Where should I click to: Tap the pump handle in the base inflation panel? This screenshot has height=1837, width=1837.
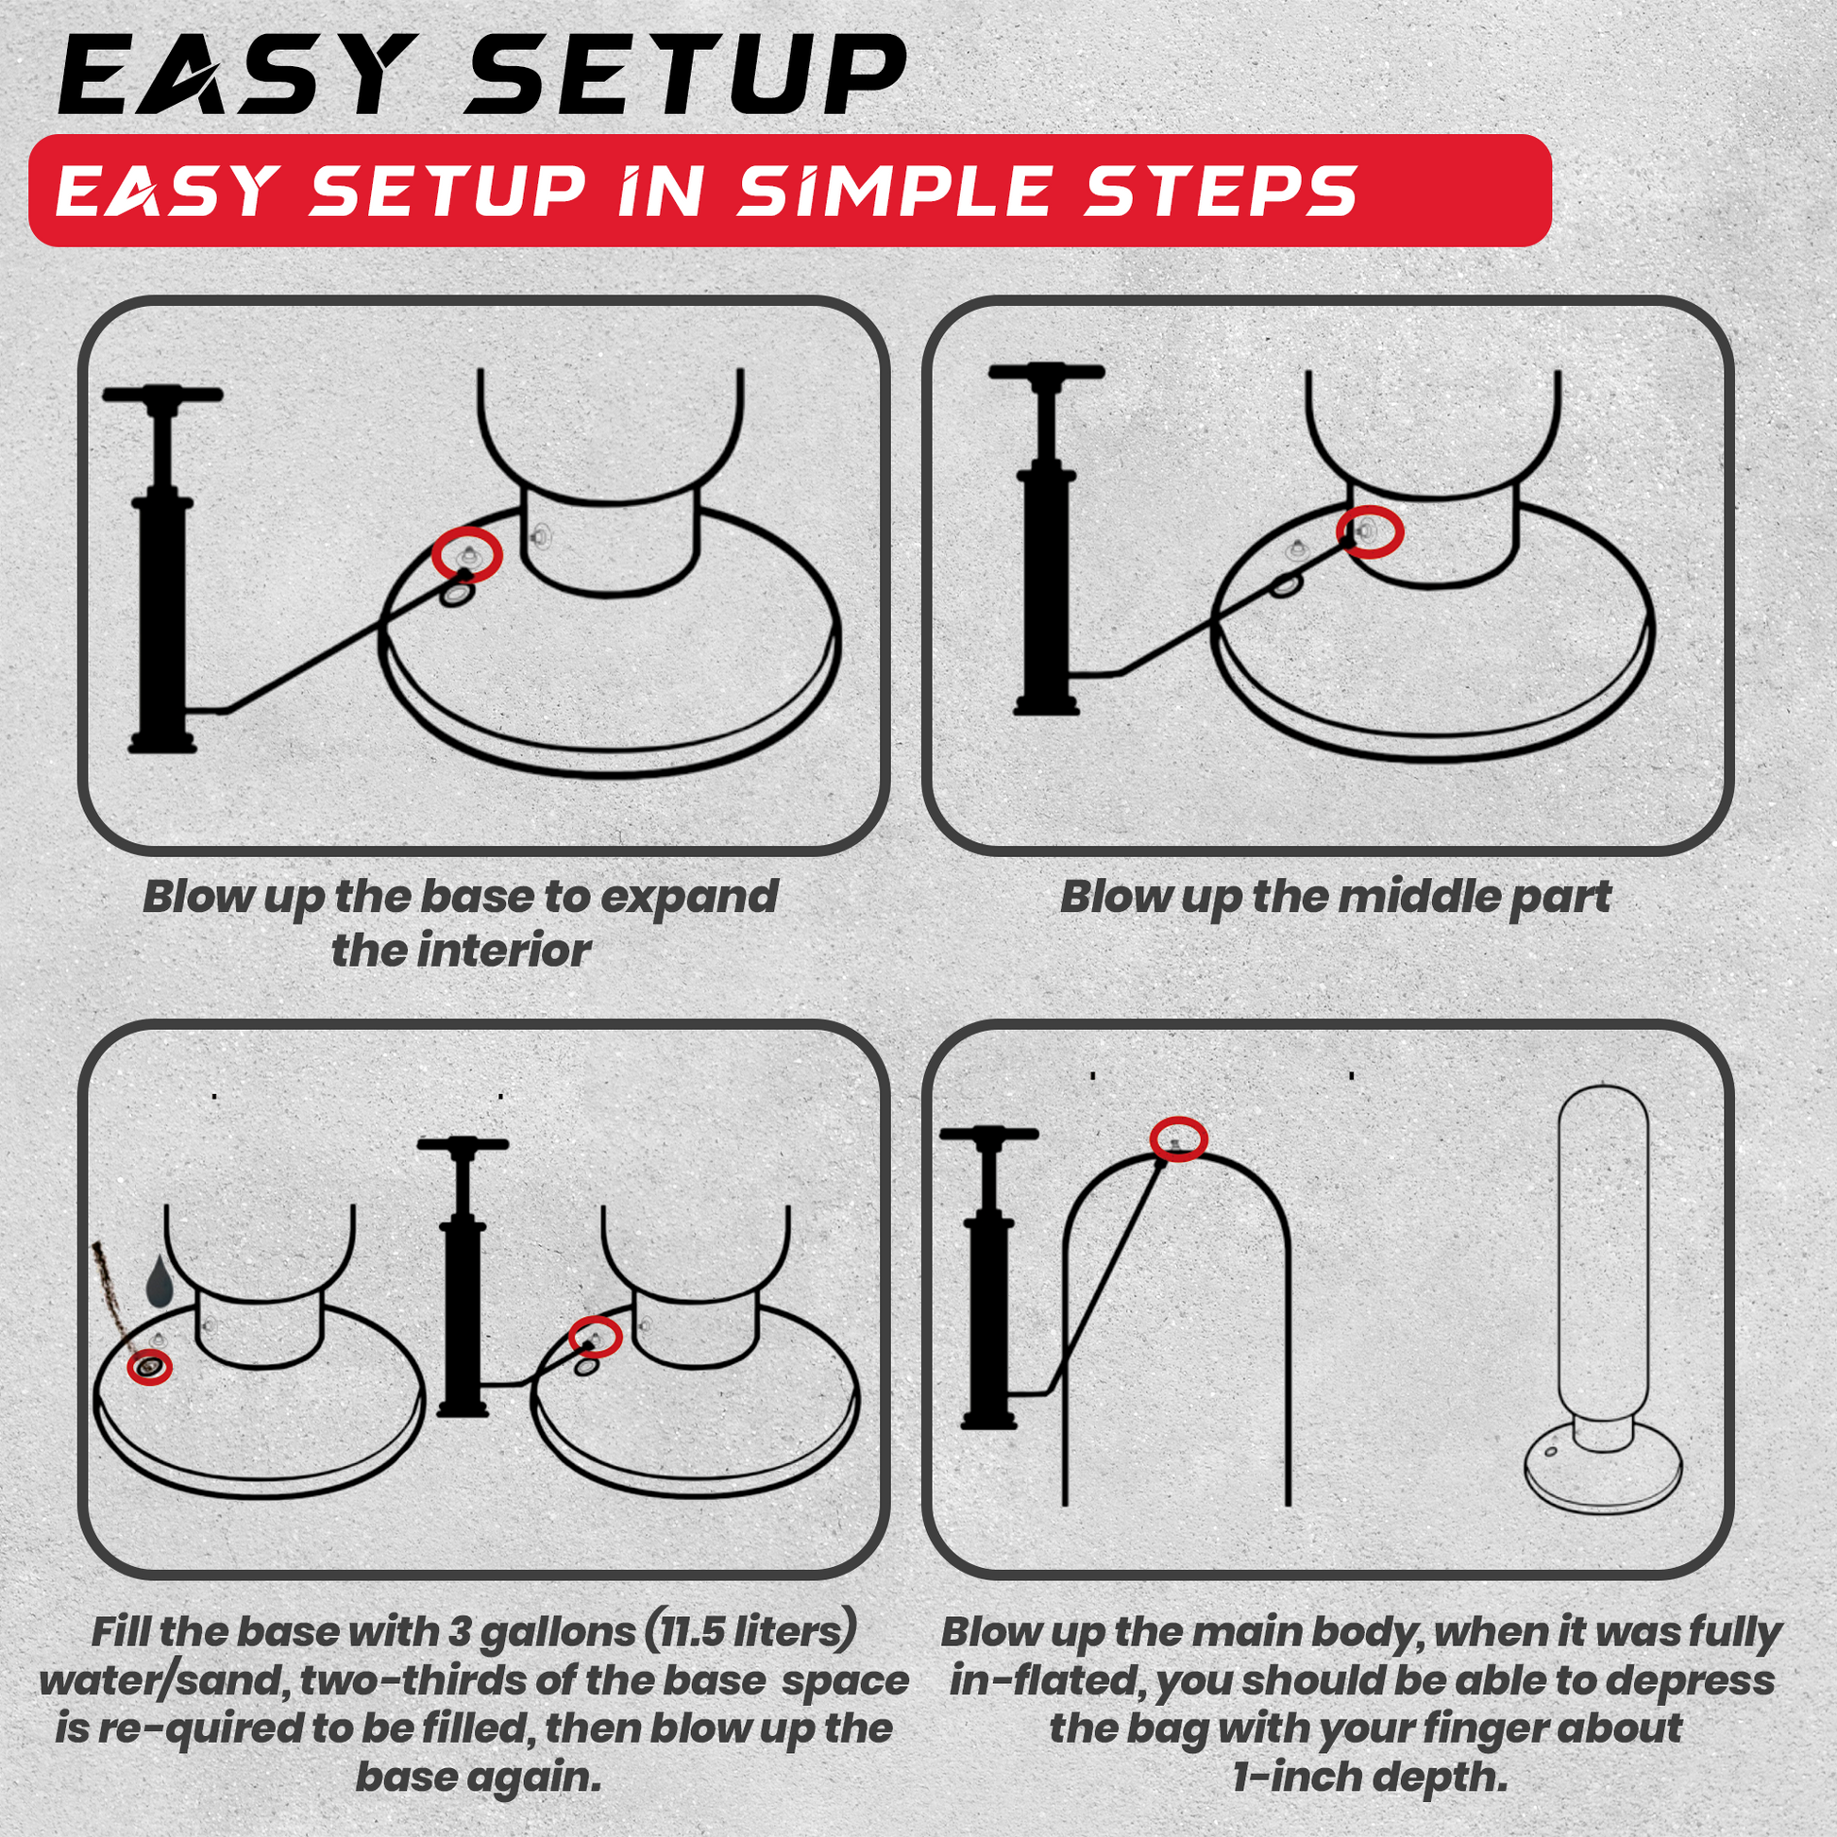162,395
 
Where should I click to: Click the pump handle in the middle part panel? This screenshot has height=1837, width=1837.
1046,372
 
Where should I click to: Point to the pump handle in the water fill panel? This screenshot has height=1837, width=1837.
463,1145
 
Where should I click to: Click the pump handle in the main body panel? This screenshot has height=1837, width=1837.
987,1134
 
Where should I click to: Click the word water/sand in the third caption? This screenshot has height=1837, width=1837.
164,1680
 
